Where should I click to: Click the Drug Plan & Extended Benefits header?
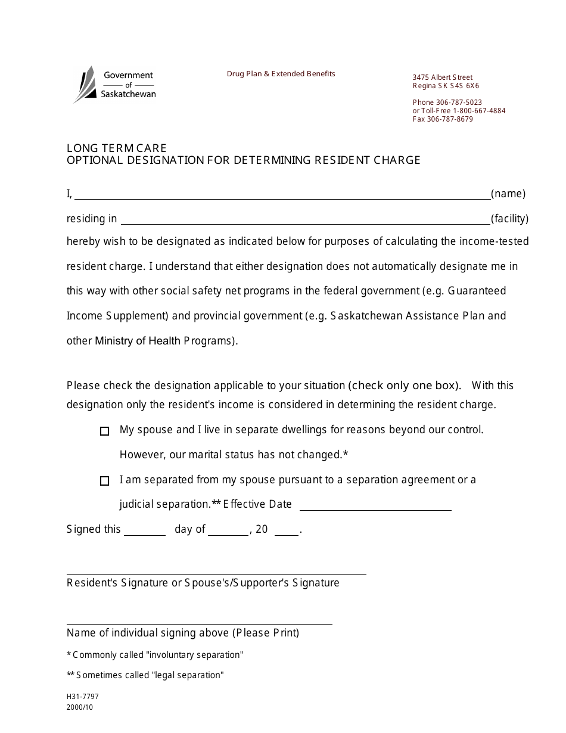[x=281, y=74]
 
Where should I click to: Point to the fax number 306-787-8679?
[x=450, y=119]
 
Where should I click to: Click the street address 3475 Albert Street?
[x=442, y=77]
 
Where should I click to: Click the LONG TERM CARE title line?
[x=117, y=148]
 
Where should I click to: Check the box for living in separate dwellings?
[x=105, y=431]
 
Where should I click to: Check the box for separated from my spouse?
[x=105, y=481]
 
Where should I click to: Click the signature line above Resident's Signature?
[x=216, y=574]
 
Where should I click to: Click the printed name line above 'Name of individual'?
[x=199, y=623]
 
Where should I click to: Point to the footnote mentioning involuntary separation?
[x=155, y=655]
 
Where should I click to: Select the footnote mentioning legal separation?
[x=145, y=675]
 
